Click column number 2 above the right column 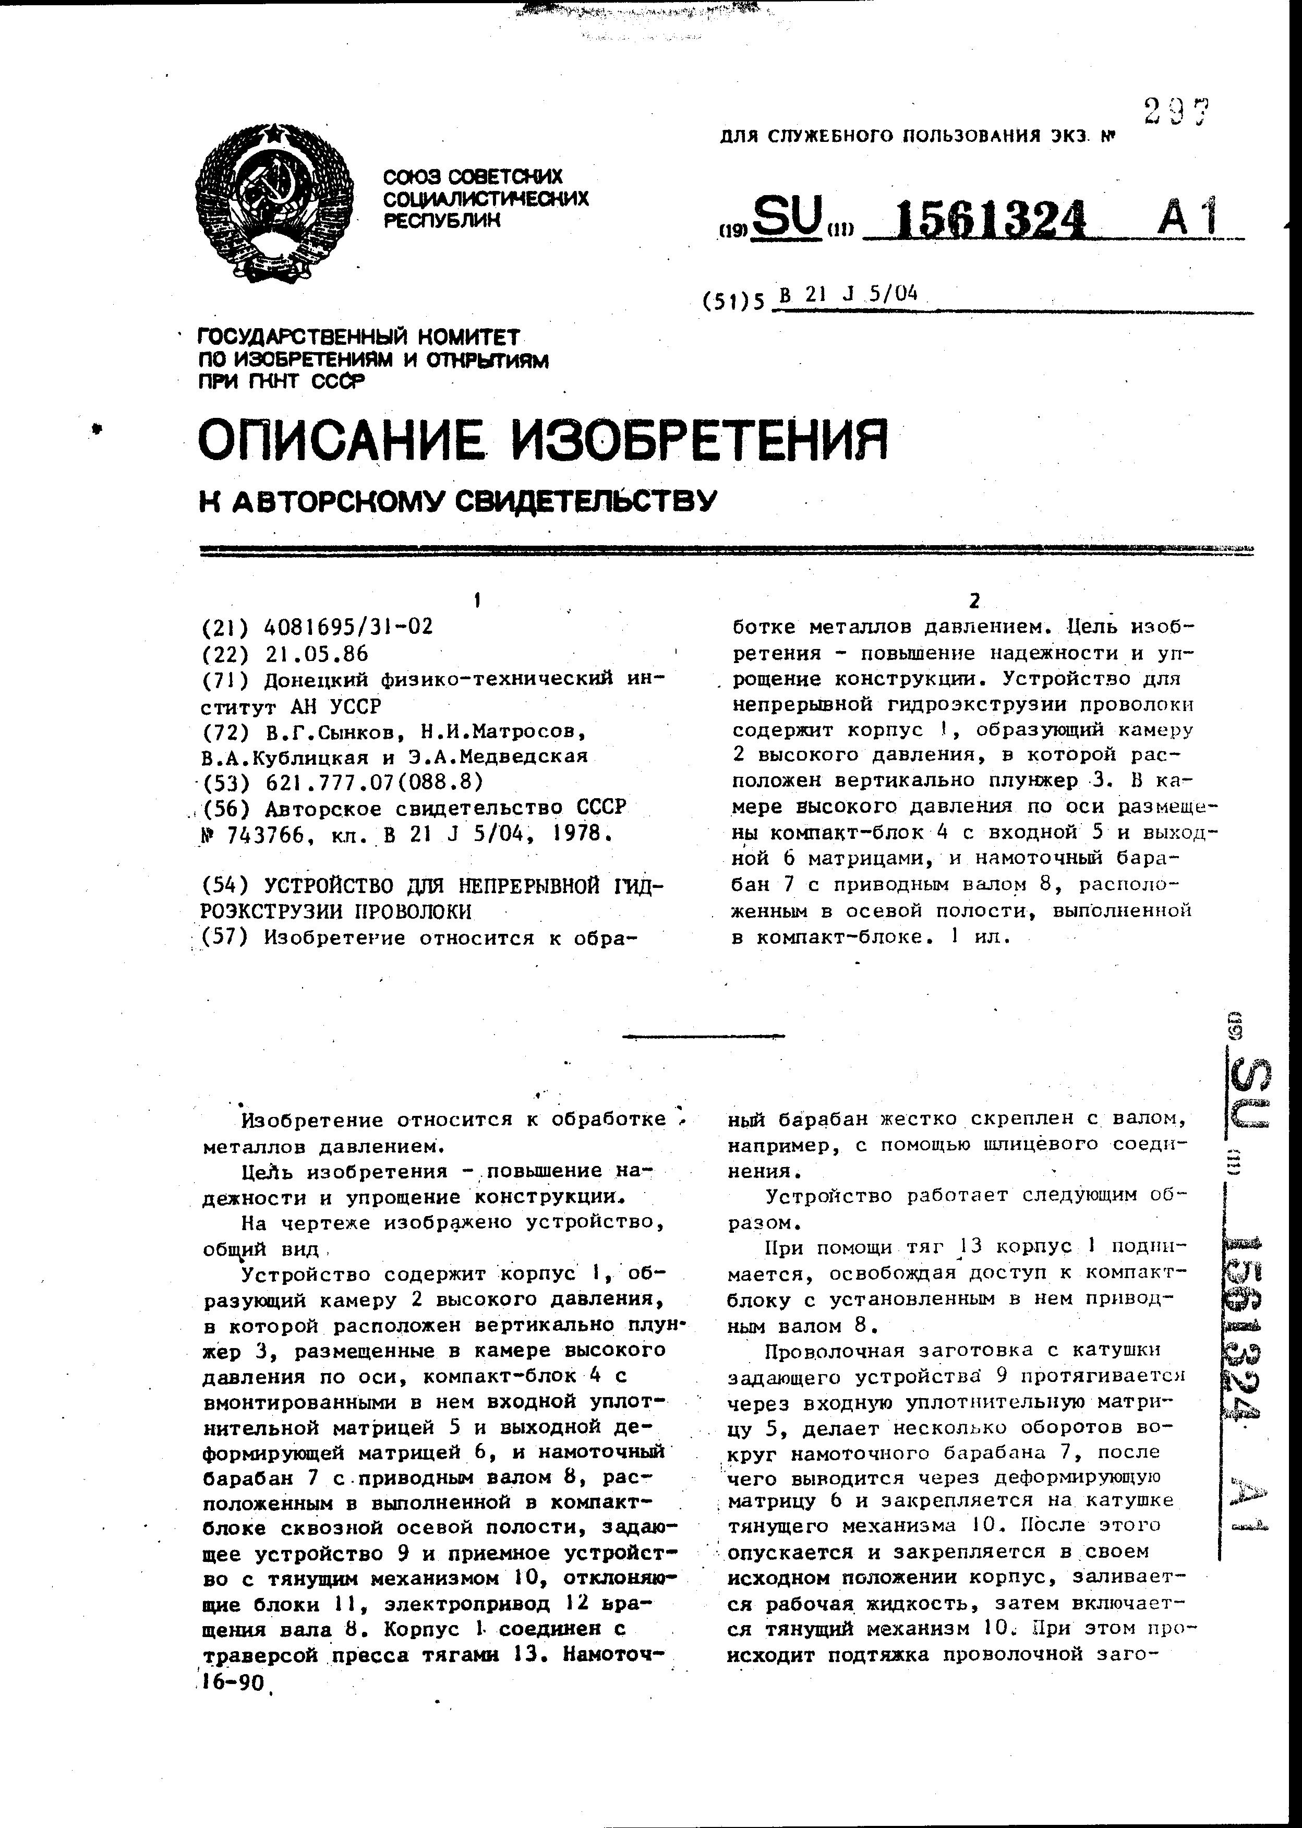(x=974, y=600)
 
